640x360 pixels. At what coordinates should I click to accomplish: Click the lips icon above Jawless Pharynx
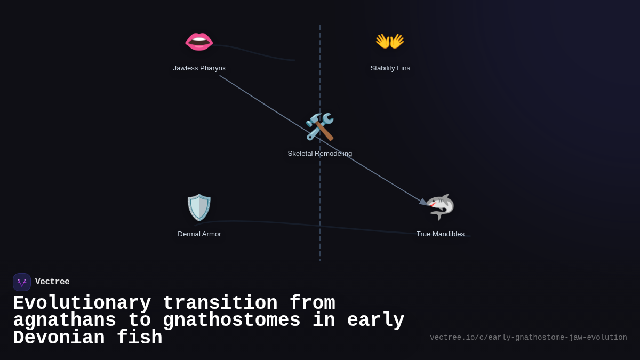pos(199,42)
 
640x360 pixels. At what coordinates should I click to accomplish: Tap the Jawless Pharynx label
pos(199,68)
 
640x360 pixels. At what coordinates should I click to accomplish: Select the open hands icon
pos(390,41)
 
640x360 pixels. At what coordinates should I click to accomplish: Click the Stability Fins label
pos(390,68)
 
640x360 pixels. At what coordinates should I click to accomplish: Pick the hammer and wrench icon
pos(319,127)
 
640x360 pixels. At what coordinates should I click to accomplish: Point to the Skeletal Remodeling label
pos(320,154)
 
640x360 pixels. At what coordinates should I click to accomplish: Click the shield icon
pos(199,207)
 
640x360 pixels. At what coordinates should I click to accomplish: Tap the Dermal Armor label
pos(199,234)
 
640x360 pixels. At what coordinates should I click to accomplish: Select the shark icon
pos(441,207)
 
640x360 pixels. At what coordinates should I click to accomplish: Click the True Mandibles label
pos(441,234)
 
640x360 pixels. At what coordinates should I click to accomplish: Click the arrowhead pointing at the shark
pos(423,202)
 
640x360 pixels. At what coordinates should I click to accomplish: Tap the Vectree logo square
pos(22,282)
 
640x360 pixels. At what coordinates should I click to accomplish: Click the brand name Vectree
pos(52,282)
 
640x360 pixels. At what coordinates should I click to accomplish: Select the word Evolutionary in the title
pos(82,303)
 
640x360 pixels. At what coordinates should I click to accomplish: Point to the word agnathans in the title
pos(65,321)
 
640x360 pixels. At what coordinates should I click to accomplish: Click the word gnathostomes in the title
pos(231,321)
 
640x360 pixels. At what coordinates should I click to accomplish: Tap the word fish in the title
pos(139,338)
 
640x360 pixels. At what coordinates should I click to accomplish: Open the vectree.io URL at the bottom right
pos(528,338)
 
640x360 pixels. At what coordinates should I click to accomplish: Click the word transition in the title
pos(220,303)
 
